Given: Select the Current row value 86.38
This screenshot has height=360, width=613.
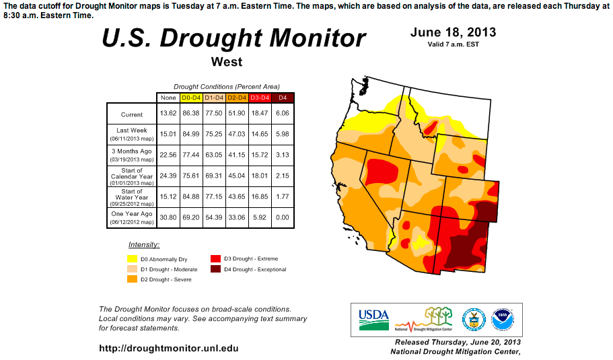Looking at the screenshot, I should point(191,114).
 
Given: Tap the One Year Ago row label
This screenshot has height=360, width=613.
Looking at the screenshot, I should point(132,217).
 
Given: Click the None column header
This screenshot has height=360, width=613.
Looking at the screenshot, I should point(168,98).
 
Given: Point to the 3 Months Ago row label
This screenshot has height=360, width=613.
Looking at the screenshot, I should point(132,155).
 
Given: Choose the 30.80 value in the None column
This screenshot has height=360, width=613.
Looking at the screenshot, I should point(168,217).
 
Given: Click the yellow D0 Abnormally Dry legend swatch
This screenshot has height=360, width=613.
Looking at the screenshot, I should point(132,258).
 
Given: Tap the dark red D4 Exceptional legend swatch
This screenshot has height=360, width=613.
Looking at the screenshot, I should point(215,269).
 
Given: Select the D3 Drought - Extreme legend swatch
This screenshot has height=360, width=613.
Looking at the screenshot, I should point(215,258).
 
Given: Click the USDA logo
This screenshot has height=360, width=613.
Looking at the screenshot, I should point(374,320).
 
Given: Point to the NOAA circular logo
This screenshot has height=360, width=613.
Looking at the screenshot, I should point(501,320).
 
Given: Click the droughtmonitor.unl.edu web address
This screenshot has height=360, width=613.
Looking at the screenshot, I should point(168,349).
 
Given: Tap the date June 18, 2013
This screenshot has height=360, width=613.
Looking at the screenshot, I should point(453,32).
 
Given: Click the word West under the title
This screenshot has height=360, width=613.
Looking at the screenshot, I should point(226,63).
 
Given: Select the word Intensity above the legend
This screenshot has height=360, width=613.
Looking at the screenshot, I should point(144,244).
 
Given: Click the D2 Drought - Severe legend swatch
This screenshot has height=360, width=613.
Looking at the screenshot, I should point(132,279).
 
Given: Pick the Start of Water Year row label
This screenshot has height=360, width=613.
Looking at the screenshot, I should point(132,196).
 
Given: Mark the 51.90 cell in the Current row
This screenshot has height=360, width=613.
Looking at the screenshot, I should point(237,114).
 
